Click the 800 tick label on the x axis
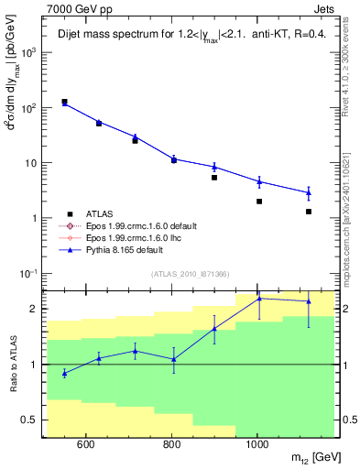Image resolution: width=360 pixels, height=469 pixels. tap(171, 445)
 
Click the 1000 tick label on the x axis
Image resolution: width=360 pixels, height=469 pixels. tap(257, 445)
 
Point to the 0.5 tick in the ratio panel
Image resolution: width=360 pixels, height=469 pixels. tap(30, 420)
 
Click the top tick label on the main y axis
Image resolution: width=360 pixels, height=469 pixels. tap(28, 52)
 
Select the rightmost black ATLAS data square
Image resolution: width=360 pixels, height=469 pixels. tap(309, 212)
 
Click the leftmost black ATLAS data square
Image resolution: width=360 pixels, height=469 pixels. tap(64, 102)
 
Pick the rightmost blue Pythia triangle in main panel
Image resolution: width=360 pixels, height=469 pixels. tap(309, 192)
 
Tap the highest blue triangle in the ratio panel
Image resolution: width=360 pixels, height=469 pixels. tap(259, 299)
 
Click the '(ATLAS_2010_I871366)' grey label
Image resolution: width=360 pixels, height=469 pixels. tap(191, 274)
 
